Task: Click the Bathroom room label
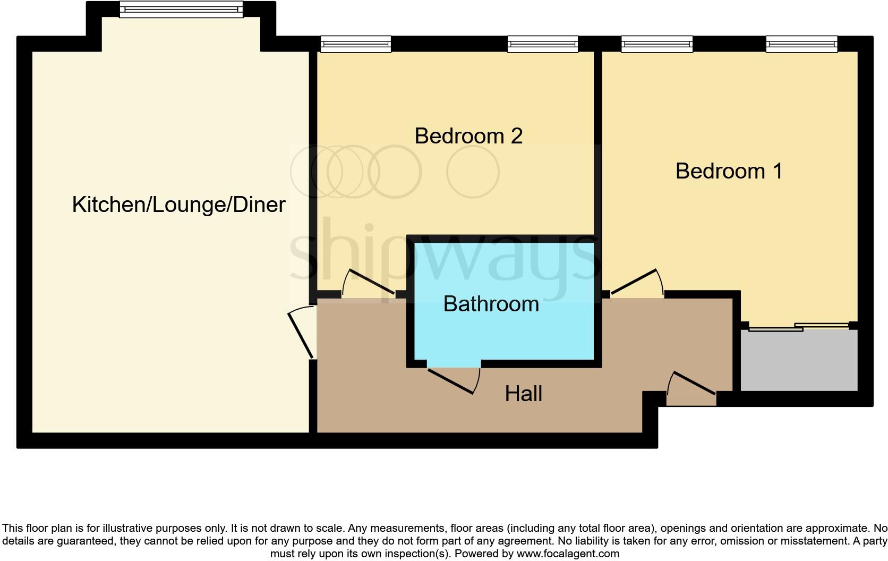coord(491,304)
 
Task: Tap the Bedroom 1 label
coord(729,171)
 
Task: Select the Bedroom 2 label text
coord(468,136)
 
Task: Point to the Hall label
coord(523,394)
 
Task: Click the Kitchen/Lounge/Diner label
coord(178,205)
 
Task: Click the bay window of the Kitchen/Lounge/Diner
coord(181,9)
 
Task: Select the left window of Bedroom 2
coord(356,44)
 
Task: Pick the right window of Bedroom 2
coord(542,44)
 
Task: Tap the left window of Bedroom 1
coord(657,44)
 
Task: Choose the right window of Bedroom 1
coord(801,44)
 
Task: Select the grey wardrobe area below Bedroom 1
coord(799,361)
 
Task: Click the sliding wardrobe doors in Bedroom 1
coord(798,327)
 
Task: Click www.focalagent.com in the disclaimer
coord(567,554)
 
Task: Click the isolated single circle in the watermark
coord(473,172)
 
